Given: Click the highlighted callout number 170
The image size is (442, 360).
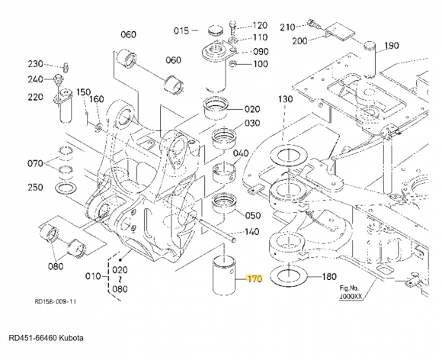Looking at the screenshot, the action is [255, 278].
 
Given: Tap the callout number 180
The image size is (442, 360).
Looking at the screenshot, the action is [328, 277].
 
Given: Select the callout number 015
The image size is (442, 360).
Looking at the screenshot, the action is [181, 31].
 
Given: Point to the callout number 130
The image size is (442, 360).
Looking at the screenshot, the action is [286, 99].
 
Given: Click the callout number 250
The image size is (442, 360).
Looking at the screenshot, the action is [35, 187].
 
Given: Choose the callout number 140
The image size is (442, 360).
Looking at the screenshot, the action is [251, 232].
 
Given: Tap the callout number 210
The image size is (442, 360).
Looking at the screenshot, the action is [287, 27].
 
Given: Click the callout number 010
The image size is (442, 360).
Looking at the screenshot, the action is [93, 276].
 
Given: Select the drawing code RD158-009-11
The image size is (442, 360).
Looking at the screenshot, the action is [56, 301].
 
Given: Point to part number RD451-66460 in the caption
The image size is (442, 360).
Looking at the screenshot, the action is [33, 338].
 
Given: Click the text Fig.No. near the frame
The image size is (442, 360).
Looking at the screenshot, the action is [349, 288].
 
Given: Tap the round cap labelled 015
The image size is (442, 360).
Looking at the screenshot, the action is [216, 30].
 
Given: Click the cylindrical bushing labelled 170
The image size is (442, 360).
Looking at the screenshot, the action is [224, 278].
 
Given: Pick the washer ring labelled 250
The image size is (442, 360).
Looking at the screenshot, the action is [66, 188].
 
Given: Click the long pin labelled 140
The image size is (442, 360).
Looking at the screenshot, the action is [218, 229].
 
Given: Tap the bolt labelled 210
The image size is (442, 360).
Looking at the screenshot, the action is [315, 24].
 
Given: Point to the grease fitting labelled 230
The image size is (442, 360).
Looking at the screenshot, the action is [66, 67].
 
